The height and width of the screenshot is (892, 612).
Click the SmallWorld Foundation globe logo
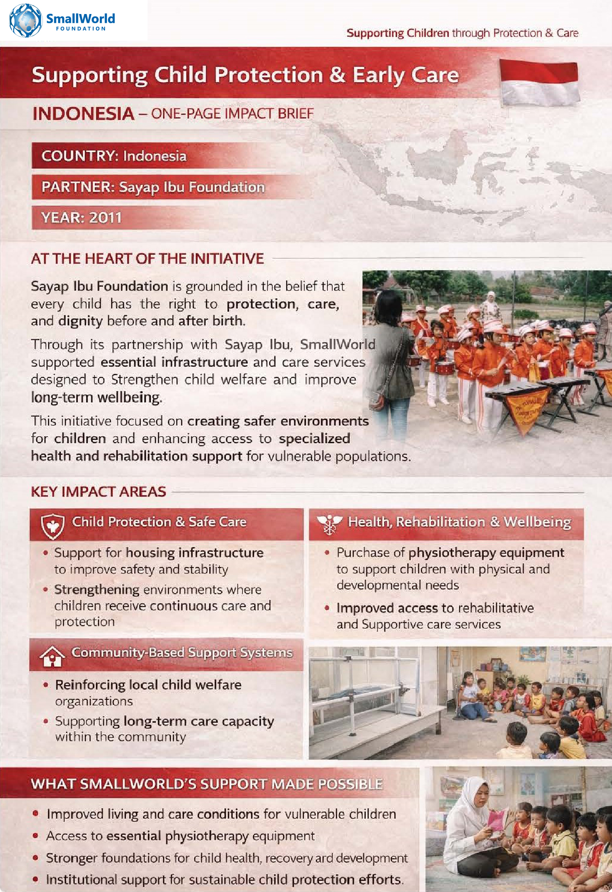[25, 20]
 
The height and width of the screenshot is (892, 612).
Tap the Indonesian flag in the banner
[539, 83]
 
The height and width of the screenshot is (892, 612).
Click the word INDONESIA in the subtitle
[83, 114]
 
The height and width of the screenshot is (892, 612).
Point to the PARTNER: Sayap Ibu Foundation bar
[153, 187]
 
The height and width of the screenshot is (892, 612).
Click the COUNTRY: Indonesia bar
[114, 156]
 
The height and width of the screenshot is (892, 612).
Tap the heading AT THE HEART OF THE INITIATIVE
[147, 259]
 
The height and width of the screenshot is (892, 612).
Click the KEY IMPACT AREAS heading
[98, 492]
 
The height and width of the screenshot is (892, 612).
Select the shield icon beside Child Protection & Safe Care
[53, 525]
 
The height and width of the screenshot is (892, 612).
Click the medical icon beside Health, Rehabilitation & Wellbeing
[329, 524]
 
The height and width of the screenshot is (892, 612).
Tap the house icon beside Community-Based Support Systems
[52, 656]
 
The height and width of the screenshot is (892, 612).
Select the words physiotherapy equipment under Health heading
[486, 553]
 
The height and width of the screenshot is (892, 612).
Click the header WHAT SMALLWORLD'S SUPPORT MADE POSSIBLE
[207, 784]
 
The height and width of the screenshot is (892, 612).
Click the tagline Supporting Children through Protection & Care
[462, 33]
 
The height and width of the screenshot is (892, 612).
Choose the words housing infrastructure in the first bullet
[194, 553]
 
